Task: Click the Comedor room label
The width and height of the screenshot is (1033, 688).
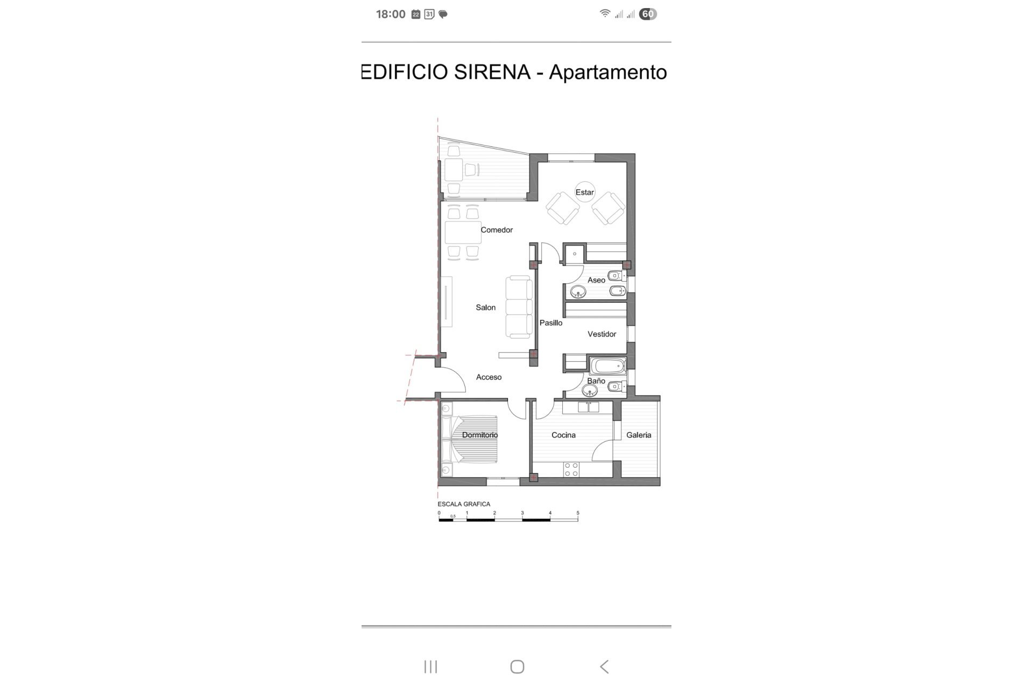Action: pyautogui.click(x=497, y=230)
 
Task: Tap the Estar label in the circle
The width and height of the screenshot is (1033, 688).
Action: pyautogui.click(x=585, y=192)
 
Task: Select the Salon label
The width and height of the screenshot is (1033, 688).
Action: pyautogui.click(x=485, y=307)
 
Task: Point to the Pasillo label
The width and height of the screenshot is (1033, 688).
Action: pyautogui.click(x=551, y=322)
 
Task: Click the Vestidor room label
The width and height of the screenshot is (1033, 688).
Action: pyautogui.click(x=602, y=334)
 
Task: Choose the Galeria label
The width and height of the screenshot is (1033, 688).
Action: pyautogui.click(x=639, y=435)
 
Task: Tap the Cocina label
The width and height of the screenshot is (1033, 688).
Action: pyautogui.click(x=563, y=435)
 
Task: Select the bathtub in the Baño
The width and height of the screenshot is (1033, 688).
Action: pyautogui.click(x=608, y=367)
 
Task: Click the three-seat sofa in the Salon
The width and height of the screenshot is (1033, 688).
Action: pyautogui.click(x=519, y=307)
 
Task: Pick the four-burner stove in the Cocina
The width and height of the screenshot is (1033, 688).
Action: pyautogui.click(x=571, y=470)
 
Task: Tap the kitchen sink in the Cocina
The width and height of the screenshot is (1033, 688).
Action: pyautogui.click(x=588, y=407)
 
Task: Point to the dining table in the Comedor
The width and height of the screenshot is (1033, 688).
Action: pyautogui.click(x=463, y=232)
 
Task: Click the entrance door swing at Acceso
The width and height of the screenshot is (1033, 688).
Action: pyautogui.click(x=454, y=379)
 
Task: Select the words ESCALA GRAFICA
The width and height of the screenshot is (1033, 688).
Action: pyautogui.click(x=464, y=504)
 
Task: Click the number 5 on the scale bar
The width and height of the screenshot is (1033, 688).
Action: pyautogui.click(x=578, y=513)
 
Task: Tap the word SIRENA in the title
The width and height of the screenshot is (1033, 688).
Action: pyautogui.click(x=492, y=72)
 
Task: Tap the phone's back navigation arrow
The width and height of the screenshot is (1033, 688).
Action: pyautogui.click(x=604, y=666)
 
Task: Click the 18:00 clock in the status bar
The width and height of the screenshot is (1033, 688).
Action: pyautogui.click(x=391, y=15)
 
